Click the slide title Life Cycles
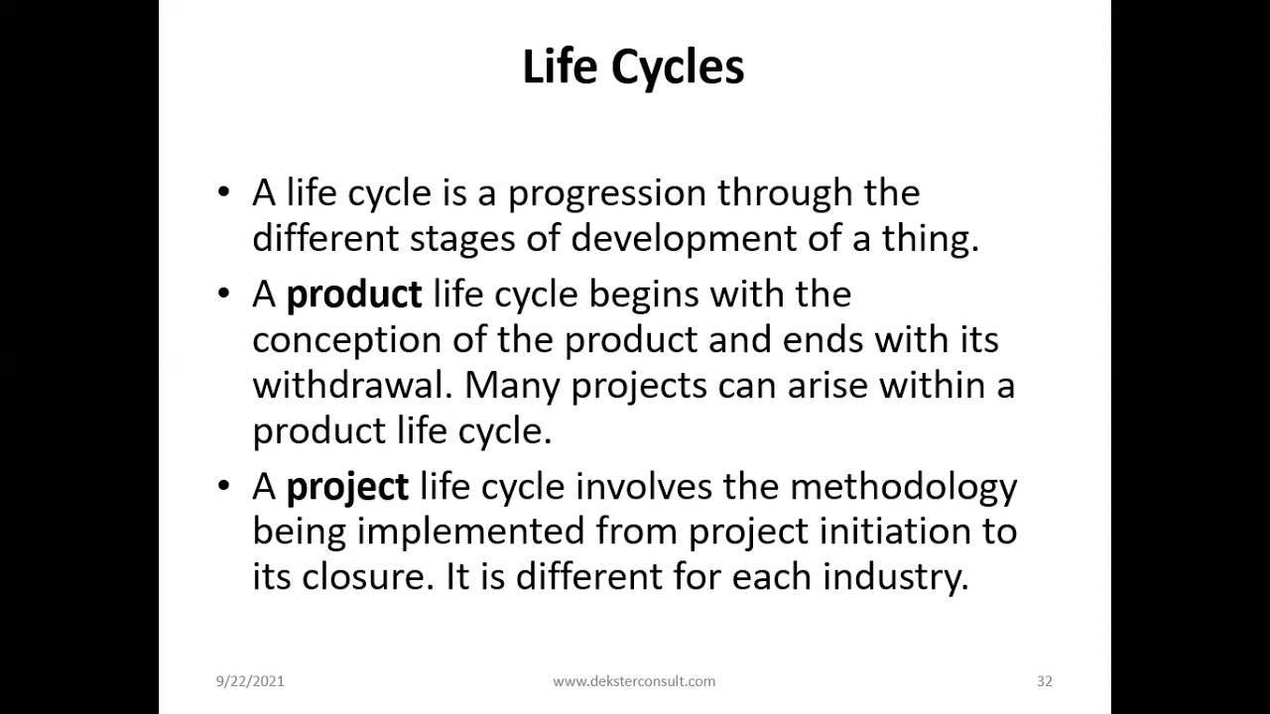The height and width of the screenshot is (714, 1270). pos(633,67)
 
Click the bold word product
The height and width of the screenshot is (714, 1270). pos(354,296)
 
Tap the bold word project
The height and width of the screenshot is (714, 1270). pos(347,488)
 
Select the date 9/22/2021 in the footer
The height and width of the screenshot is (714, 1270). pos(250,681)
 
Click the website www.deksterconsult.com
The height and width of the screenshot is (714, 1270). pos(634,681)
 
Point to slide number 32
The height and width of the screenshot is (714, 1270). pos(1045,681)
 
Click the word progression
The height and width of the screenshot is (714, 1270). pos(607,194)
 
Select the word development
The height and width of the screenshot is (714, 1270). pos(684,240)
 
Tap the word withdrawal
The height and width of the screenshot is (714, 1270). pos(352,386)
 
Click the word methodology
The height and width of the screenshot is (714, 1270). pos(904,488)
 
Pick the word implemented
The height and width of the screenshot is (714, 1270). pos(470,533)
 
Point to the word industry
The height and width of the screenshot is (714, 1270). pos(896,578)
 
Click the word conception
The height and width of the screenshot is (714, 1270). pos(347,341)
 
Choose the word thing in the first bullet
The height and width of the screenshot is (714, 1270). pos(931,240)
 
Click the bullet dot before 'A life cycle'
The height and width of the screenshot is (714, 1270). pos(223,191)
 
